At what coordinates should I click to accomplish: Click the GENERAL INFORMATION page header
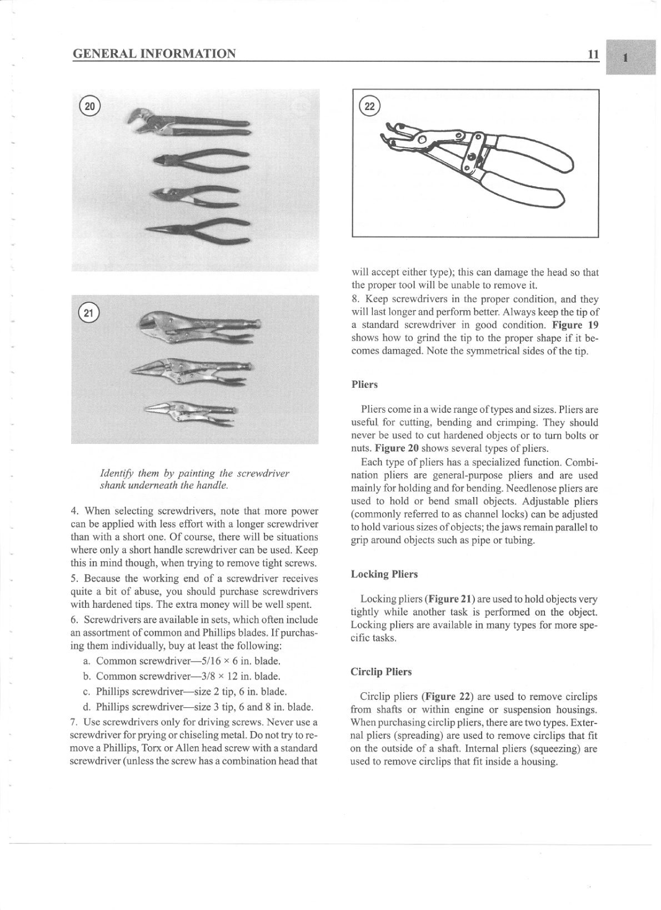click(x=154, y=54)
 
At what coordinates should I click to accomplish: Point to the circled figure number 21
click(x=89, y=312)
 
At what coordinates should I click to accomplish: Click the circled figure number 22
click(x=369, y=106)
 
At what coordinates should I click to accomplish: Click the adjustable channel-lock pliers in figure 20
click(x=189, y=123)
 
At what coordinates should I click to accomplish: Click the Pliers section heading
click(x=364, y=384)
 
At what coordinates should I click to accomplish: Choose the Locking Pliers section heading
click(x=384, y=574)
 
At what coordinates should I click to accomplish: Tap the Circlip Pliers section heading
click(x=381, y=672)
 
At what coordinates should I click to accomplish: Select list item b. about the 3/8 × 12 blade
click(x=181, y=676)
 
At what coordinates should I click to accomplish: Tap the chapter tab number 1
click(x=626, y=58)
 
